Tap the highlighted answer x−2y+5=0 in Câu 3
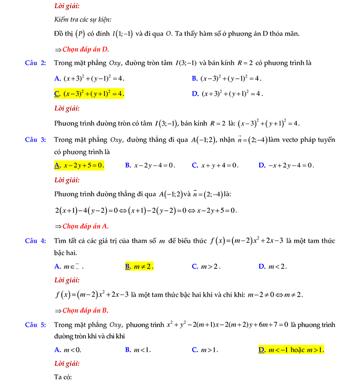pos(80,166)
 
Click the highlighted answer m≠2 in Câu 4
pos(139,266)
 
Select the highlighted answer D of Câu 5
pos(291,350)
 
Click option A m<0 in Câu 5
pos(68,350)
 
